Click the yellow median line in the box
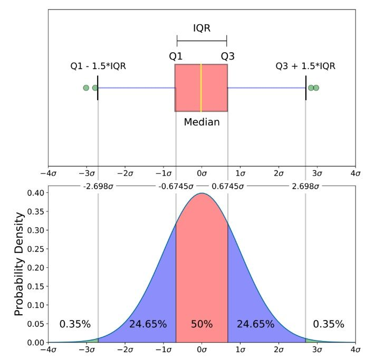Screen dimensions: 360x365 click(201, 87)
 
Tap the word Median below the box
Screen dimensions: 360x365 click(201, 122)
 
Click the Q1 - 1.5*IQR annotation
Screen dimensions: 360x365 click(98, 66)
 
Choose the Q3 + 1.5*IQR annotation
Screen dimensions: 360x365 click(305, 66)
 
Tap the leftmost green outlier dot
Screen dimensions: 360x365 click(86, 87)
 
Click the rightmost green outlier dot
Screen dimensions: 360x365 click(316, 87)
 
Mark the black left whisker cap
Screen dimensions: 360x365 click(98, 87)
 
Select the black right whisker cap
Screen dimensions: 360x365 click(306, 87)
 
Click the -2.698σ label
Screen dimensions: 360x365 click(98, 186)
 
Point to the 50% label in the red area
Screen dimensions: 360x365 click(201, 324)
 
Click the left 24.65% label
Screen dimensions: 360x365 click(148, 324)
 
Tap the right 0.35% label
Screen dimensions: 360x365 click(328, 324)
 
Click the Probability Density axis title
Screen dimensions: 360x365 click(20, 264)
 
